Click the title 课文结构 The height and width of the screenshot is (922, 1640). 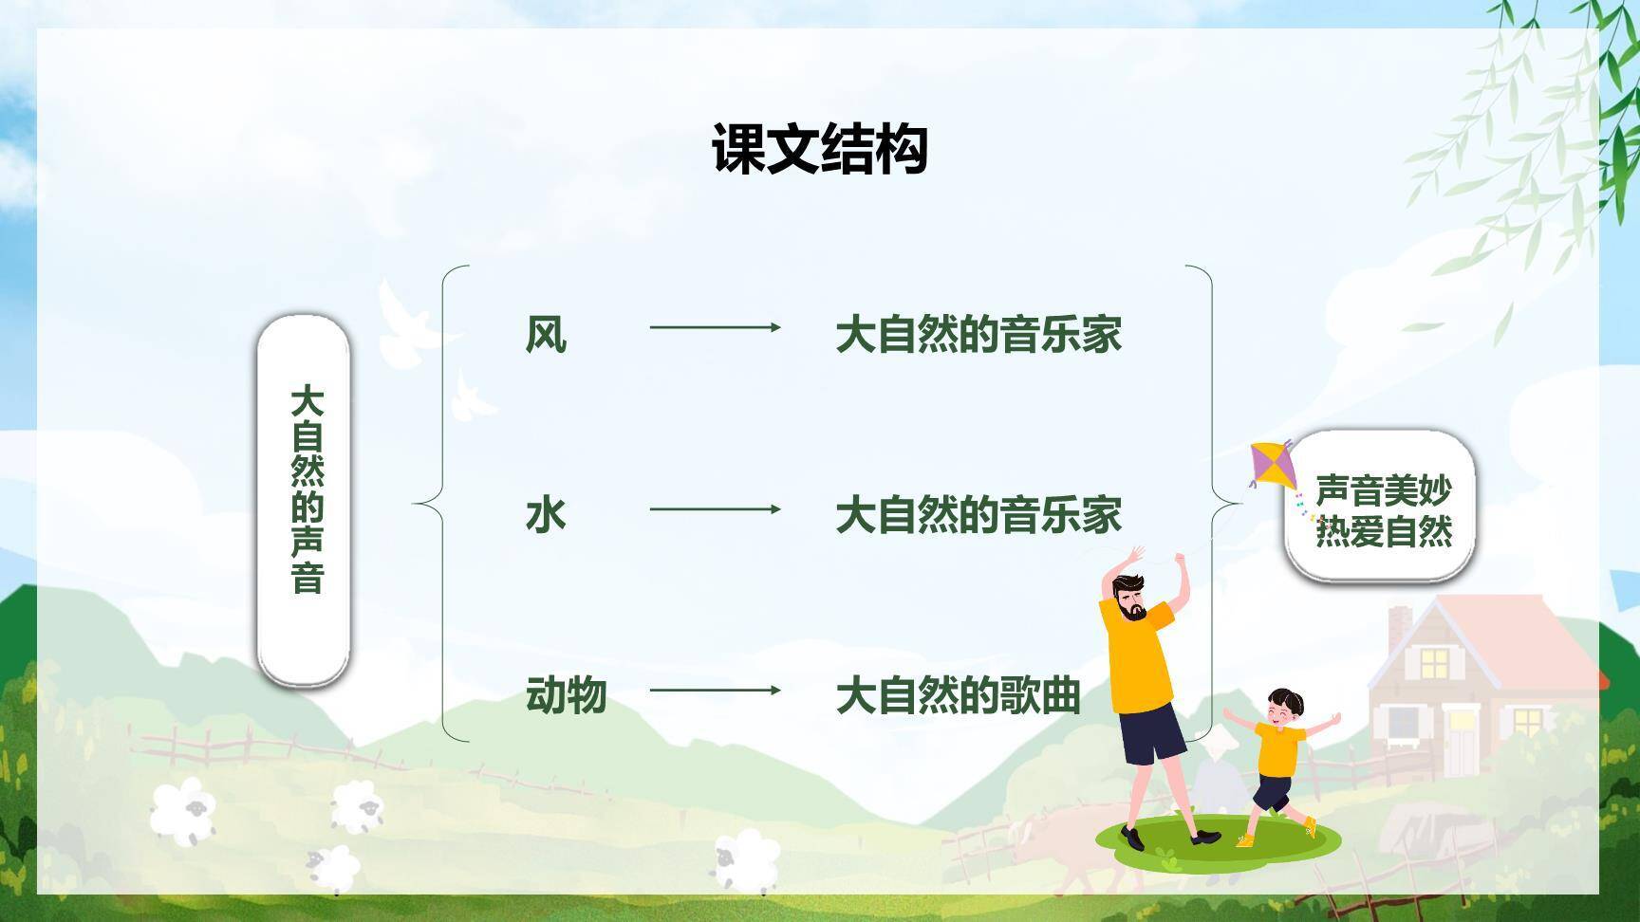point(819,149)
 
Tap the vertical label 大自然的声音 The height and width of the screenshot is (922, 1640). point(306,489)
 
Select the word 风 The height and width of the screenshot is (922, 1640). point(546,335)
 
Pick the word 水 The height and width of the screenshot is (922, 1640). point(546,515)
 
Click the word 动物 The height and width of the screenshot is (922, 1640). point(566,695)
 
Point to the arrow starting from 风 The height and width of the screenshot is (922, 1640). point(715,327)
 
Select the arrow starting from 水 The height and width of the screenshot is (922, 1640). point(715,509)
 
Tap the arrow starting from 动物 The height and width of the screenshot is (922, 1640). point(715,690)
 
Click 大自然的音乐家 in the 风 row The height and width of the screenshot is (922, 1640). point(978,335)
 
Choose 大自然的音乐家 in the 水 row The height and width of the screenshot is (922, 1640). point(978,515)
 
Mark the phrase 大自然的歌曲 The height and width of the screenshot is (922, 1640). point(958,695)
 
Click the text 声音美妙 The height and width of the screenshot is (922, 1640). point(1383,490)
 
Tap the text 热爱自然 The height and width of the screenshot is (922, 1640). point(1383,531)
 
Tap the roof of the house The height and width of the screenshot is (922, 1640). point(1481,631)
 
